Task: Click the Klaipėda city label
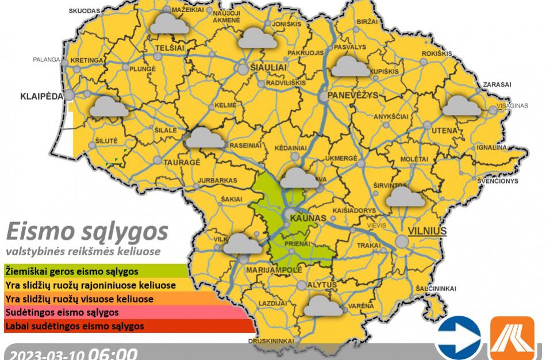tap(41, 95)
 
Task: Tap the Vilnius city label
tap(427, 231)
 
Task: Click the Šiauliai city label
tap(268, 67)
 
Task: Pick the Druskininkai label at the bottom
tap(271, 341)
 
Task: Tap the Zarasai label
tap(497, 85)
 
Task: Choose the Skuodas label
tap(84, 11)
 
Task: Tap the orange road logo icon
tap(512, 338)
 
